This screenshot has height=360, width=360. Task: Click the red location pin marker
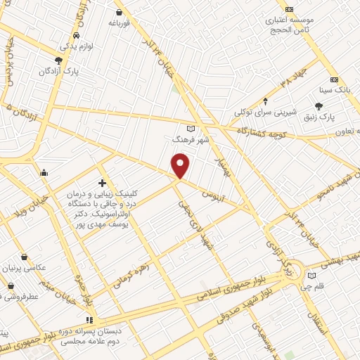181,165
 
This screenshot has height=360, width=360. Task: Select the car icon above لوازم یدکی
76,35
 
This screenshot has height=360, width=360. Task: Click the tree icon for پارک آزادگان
59,60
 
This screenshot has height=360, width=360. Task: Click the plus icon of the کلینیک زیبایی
103,183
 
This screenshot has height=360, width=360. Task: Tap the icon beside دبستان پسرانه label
89,319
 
